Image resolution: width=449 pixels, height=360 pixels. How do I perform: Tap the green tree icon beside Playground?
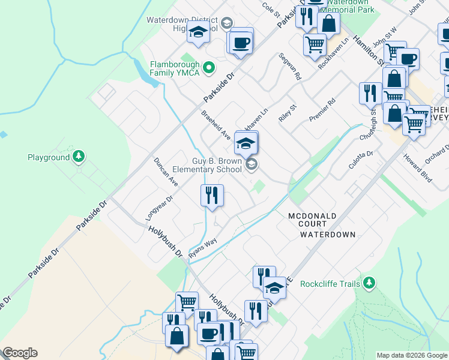[78, 157]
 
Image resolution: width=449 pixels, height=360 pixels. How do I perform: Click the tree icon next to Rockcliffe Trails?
[369, 283]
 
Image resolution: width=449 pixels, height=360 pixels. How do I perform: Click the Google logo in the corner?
[20, 353]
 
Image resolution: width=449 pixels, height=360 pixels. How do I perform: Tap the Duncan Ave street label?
[166, 172]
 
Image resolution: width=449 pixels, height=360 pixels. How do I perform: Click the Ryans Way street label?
[202, 247]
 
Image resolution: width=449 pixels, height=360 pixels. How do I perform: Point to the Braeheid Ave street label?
[216, 125]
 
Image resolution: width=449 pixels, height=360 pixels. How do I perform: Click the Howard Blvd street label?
[418, 169]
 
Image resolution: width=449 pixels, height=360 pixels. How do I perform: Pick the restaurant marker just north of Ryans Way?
[211, 195]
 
